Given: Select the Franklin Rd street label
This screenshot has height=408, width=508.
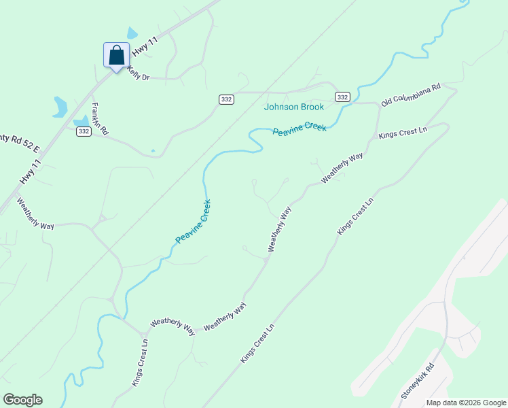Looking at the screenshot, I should click(101, 120).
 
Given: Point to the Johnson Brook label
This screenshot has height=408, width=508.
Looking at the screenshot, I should click(293, 107).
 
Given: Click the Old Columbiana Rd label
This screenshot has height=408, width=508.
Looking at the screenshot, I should click(412, 95).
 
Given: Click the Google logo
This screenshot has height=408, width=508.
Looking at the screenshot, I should click(22, 400).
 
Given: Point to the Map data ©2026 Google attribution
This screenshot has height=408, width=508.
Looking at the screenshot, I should click(466, 403).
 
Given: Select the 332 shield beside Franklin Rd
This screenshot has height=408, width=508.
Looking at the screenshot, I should click(84, 131).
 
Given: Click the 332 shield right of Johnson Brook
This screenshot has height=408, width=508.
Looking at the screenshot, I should click(342, 97).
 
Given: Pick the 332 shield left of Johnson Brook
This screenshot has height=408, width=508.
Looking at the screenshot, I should click(226, 99).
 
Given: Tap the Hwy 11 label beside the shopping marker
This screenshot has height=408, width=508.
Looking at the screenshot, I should click(145, 46).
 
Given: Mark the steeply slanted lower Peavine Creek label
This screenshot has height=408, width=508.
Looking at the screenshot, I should click(194, 221).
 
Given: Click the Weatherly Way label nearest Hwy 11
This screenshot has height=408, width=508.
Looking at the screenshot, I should click(35, 214).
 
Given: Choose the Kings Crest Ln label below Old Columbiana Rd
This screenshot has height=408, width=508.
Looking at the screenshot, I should click(403, 131).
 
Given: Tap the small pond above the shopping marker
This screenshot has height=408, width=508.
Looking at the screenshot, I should click(132, 33).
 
